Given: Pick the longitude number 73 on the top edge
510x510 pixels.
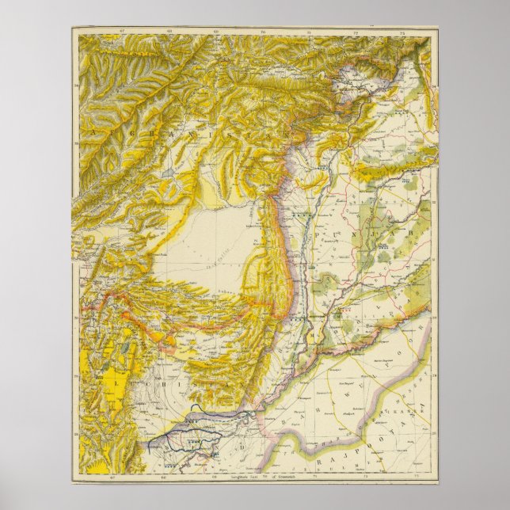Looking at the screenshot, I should coord(403,33).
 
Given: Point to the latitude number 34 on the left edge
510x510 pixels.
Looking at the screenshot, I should coord(74,79).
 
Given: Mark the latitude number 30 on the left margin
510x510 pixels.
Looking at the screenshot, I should coord(74,313).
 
